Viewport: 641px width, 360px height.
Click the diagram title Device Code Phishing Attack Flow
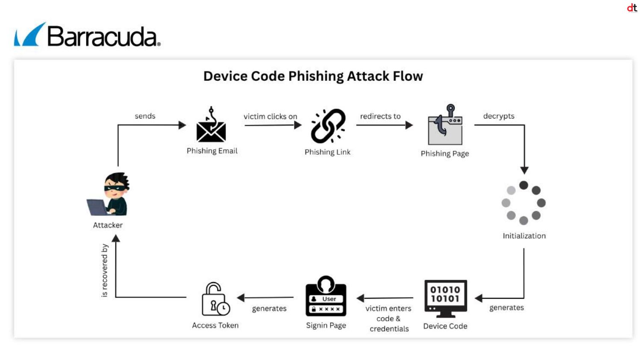(x=313, y=76)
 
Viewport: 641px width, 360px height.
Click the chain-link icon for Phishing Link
(x=328, y=126)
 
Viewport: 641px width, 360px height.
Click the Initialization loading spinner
(x=523, y=203)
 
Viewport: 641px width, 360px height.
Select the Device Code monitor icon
(x=445, y=298)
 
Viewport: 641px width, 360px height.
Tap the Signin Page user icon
(x=326, y=296)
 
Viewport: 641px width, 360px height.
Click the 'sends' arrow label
(x=145, y=116)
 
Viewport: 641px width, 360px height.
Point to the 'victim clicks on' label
(x=270, y=116)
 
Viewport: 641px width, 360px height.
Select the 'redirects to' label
(x=380, y=116)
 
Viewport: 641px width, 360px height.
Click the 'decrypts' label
(x=499, y=116)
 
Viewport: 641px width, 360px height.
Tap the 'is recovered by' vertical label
(x=105, y=270)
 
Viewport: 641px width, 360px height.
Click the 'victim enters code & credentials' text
(x=388, y=319)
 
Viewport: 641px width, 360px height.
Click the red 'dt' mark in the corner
(x=632, y=8)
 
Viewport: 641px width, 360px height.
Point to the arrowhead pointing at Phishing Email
(x=182, y=125)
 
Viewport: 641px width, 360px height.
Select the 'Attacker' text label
(x=108, y=225)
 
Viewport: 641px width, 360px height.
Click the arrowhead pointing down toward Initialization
(x=524, y=170)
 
